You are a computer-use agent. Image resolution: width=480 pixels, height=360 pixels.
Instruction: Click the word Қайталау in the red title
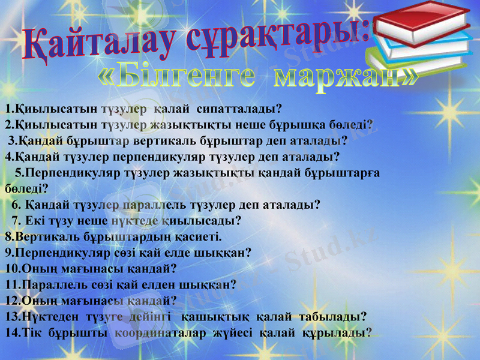pyautogui.click(x=96, y=45)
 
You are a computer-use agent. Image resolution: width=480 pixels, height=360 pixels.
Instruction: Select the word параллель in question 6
pyautogui.click(x=154, y=205)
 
